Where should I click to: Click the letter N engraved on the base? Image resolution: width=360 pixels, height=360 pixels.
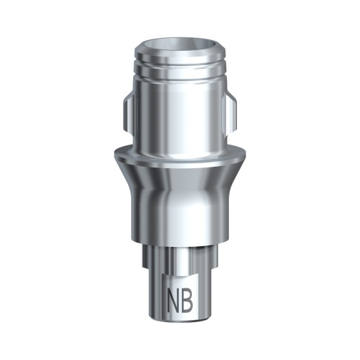click(174, 298)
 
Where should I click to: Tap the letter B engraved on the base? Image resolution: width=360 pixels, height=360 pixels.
click(189, 298)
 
